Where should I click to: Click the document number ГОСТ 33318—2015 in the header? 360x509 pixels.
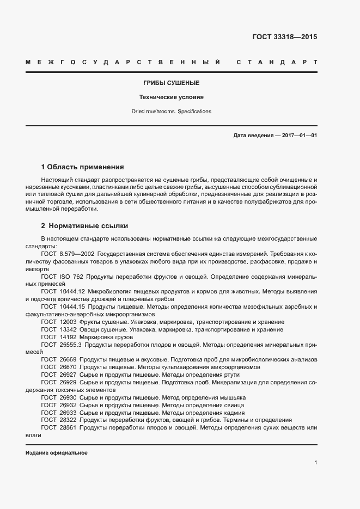coord(284,37)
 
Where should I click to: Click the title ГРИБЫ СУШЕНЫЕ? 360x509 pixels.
coord(171,83)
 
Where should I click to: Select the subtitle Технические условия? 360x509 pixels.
coord(171,97)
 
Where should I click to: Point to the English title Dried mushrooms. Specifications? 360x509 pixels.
coord(171,112)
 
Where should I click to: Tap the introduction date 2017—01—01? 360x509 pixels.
coord(299,135)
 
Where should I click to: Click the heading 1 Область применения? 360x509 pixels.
coord(83,167)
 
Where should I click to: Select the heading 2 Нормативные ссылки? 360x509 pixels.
coord(84,225)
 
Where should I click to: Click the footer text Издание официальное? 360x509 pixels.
coord(57,453)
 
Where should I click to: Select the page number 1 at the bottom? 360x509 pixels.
coord(315,462)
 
